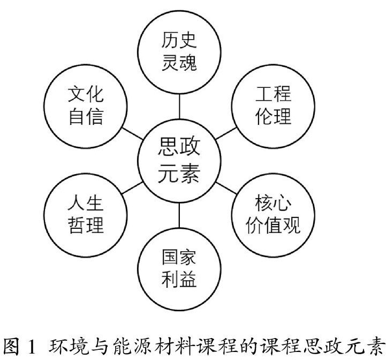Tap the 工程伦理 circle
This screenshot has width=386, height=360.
pos(273,106)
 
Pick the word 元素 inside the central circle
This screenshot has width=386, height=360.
pos(179,174)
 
